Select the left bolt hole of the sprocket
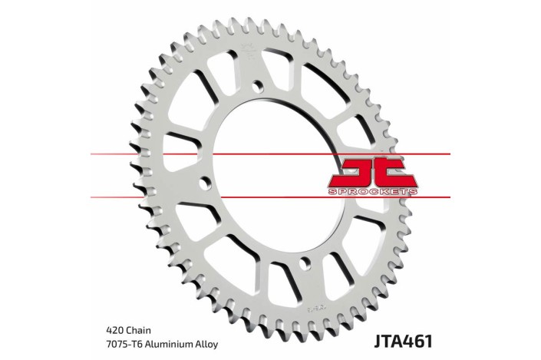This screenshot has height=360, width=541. pos(205,183)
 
